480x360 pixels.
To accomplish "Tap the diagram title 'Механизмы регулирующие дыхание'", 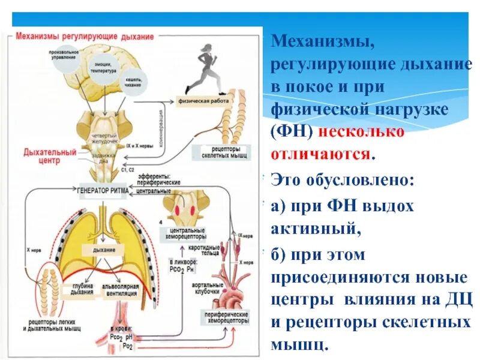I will pyautogui.click(x=85, y=36).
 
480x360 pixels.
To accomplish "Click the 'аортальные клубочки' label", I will pyautogui.click(x=204, y=289).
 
